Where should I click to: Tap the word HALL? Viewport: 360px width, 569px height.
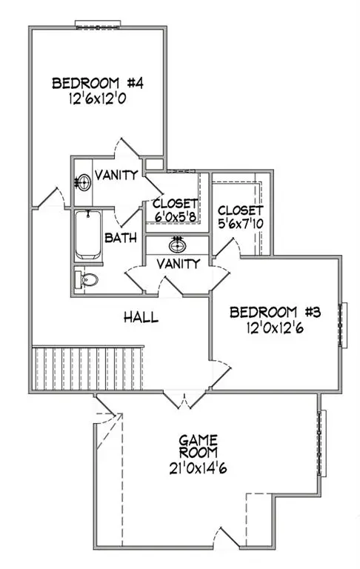141,317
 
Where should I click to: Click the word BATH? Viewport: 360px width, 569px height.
119,239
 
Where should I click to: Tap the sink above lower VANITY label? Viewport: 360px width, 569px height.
177,244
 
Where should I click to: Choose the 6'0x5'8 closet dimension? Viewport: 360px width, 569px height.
175,217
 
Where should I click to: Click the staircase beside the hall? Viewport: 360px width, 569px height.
87,368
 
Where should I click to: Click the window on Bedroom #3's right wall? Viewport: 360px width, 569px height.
341,324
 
